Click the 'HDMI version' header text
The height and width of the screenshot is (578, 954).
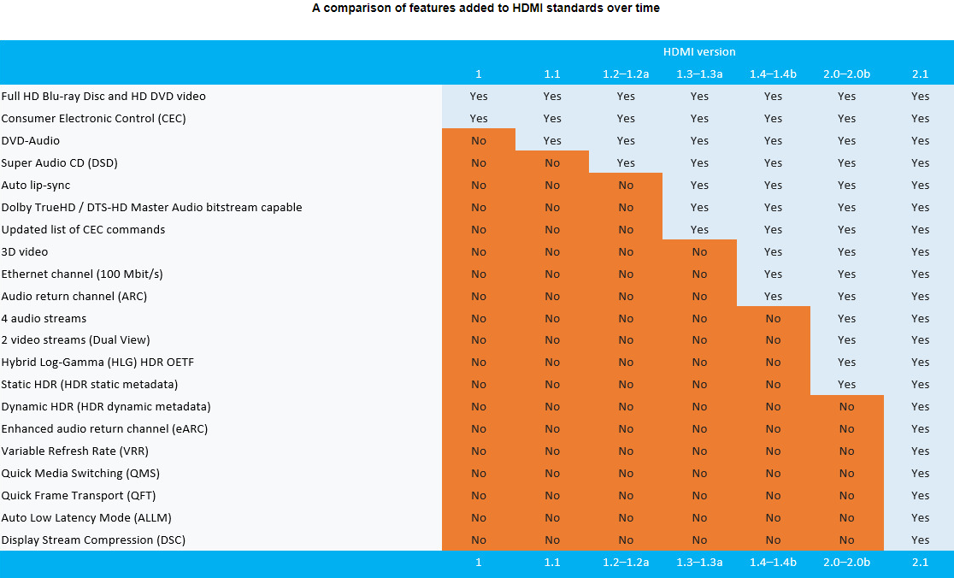tap(699, 52)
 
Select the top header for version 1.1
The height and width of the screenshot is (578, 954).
tap(552, 74)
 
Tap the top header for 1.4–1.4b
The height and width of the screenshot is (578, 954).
tap(773, 74)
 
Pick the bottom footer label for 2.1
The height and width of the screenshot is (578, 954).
tap(920, 562)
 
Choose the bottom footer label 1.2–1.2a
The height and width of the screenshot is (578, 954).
tap(626, 562)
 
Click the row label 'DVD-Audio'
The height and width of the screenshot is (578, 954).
tap(31, 140)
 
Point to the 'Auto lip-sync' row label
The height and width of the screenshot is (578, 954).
tap(36, 185)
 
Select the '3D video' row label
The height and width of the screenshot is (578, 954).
tap(25, 251)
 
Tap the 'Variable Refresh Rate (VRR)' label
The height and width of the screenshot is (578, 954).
tap(75, 451)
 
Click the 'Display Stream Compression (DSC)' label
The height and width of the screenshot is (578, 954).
tap(93, 540)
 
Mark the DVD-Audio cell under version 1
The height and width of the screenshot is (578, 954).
tap(479, 140)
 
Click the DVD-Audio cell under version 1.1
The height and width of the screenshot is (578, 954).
tap(552, 140)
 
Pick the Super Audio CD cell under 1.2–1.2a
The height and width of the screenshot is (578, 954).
tap(626, 162)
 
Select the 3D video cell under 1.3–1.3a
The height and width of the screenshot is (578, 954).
tap(699, 251)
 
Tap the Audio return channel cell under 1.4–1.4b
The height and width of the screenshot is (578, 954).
tap(773, 296)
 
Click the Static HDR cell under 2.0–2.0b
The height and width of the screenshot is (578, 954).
tap(846, 384)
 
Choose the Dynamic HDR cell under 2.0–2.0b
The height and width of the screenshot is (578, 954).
tap(846, 406)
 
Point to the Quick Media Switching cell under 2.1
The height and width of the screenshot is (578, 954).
tap(920, 473)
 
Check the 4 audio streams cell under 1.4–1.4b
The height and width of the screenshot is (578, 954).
tap(773, 318)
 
